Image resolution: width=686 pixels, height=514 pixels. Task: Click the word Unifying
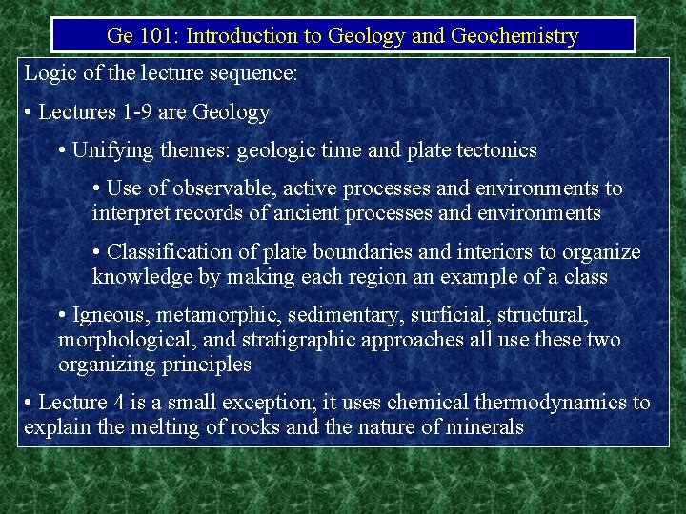tap(110, 149)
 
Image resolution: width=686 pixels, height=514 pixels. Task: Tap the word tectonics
tap(493, 149)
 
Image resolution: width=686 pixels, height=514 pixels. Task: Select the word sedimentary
tap(352, 314)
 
